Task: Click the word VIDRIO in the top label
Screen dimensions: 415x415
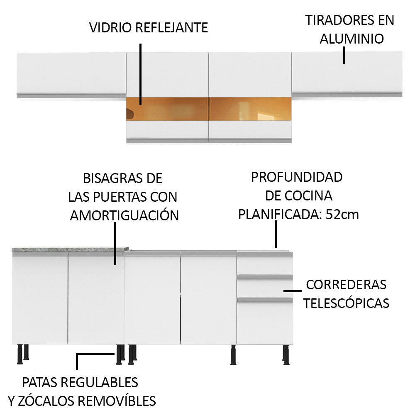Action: click(110, 27)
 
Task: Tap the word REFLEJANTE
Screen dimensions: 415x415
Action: click(172, 27)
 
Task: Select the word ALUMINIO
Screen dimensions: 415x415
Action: click(352, 39)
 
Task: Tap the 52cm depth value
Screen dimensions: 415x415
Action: click(342, 214)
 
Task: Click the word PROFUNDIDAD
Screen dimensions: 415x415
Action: click(297, 177)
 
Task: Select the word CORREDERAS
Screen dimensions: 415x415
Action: click(346, 285)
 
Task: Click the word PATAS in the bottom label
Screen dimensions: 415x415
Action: click(39, 383)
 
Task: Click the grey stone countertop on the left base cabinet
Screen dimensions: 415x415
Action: click(70, 249)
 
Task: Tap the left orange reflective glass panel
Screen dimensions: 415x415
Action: click(167, 109)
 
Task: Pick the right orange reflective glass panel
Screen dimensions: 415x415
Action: click(250, 109)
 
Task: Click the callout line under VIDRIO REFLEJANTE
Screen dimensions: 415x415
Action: click(141, 74)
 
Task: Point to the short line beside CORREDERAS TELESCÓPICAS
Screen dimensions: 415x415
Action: click(293, 291)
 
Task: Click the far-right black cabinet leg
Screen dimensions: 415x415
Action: click(286, 355)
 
